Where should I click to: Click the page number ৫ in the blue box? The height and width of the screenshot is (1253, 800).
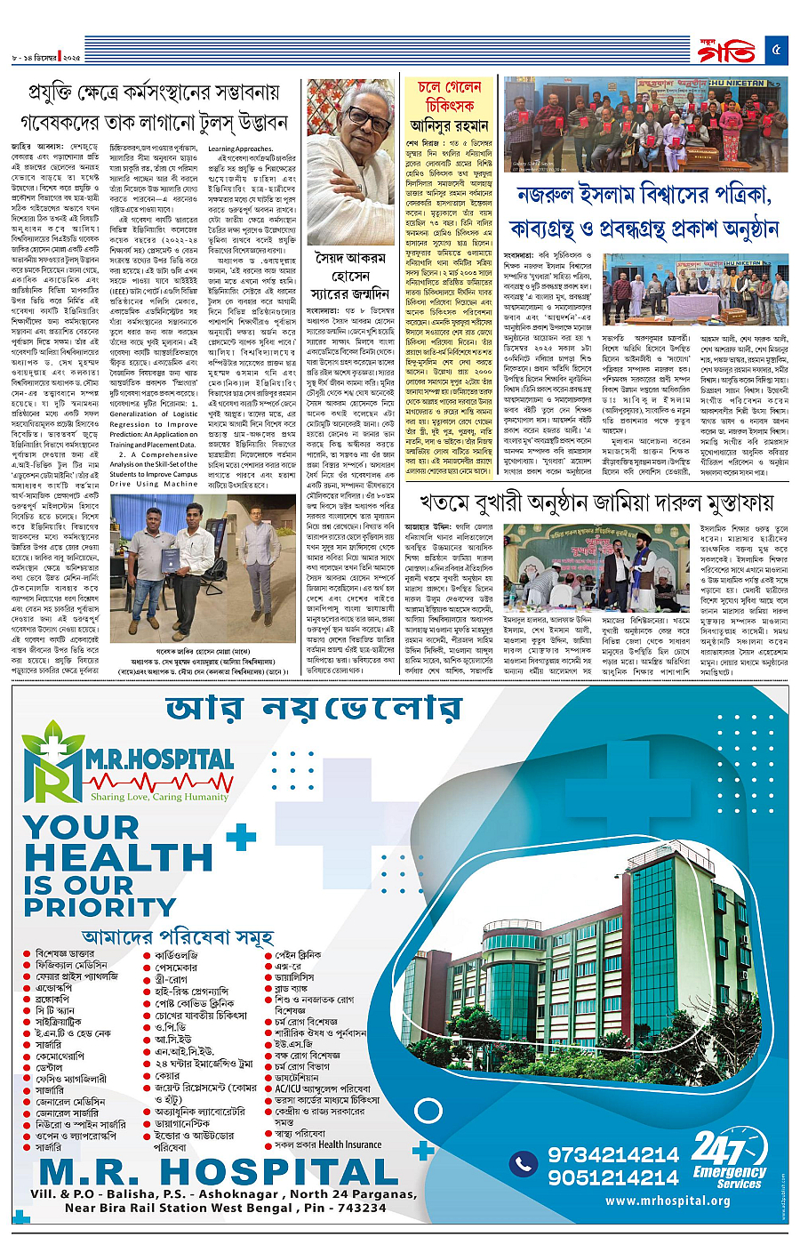tap(776, 50)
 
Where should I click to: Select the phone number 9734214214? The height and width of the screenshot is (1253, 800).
tap(612, 1154)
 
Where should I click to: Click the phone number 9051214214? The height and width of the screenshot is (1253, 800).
tap(612, 1177)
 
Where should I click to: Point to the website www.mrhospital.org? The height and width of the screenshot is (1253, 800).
tap(668, 1201)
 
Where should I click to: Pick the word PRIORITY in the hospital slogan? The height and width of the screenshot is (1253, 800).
tap(88, 906)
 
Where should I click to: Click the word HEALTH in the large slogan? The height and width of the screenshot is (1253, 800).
tap(118, 857)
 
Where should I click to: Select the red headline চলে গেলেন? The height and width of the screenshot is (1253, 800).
tap(449, 87)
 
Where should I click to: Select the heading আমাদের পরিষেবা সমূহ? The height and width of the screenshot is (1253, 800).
tap(177, 936)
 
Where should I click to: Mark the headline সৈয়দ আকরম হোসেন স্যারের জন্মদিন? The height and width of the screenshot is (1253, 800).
tap(350, 276)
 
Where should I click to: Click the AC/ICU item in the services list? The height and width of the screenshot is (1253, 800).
tap(323, 1088)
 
